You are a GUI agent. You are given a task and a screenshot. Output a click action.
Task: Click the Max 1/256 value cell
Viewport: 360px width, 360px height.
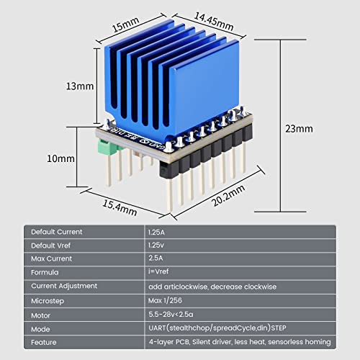[x=166, y=300]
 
